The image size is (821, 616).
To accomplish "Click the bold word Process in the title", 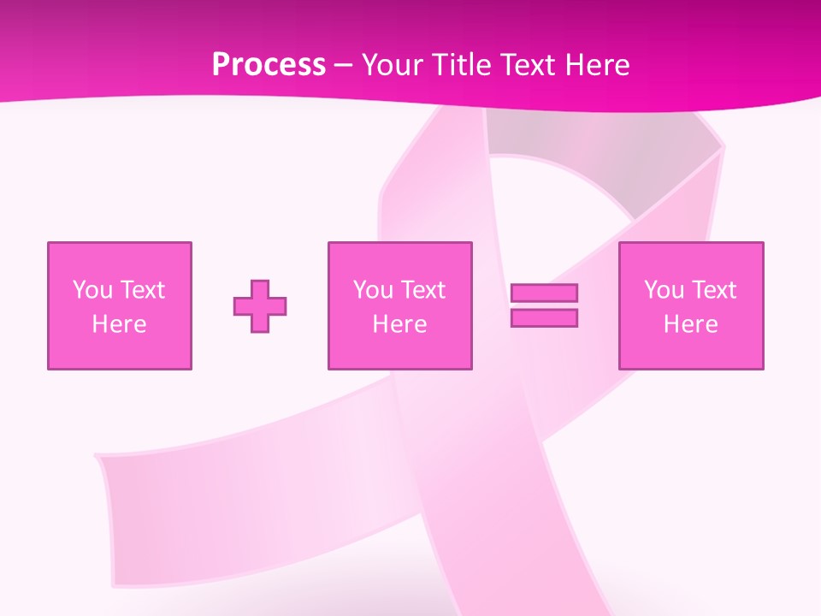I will coord(269,65).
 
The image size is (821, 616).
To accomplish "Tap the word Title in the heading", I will coord(459,65).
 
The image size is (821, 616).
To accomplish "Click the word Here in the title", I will coord(600,65).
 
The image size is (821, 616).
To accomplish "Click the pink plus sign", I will coord(260,306).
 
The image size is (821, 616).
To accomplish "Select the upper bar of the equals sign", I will coord(544,293).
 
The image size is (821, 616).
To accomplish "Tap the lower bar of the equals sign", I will coord(544,318).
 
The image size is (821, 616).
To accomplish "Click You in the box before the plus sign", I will coord(92,290).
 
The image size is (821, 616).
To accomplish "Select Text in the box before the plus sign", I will coord(141,290).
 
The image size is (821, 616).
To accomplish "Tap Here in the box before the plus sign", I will coord(119,324).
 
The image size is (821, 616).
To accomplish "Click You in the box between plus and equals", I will coord(373,290).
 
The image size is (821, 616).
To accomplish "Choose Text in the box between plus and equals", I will coord(422,290).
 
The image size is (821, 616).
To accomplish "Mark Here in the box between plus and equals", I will coord(399,324).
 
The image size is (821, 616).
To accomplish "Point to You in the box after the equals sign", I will coord(664,290).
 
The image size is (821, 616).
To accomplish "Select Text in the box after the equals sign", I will coord(712,290).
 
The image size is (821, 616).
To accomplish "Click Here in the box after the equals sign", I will coord(690,324).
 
